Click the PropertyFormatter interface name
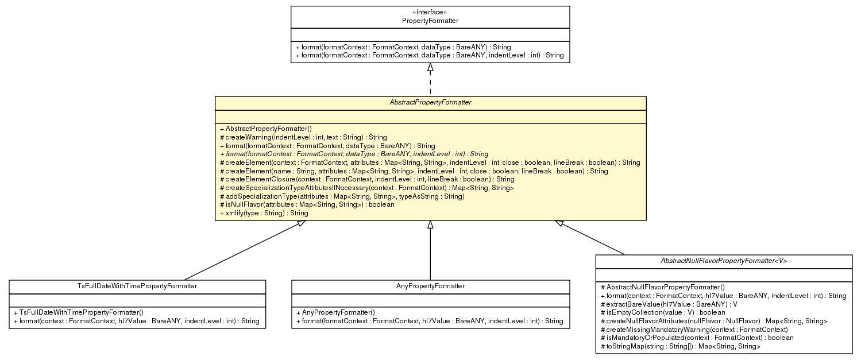click(x=430, y=21)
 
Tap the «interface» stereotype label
click(x=430, y=12)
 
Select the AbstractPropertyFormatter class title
click(x=430, y=102)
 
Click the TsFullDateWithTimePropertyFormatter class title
click(x=137, y=286)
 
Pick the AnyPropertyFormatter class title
click(x=430, y=286)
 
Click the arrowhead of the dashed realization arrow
click(x=430, y=68)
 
